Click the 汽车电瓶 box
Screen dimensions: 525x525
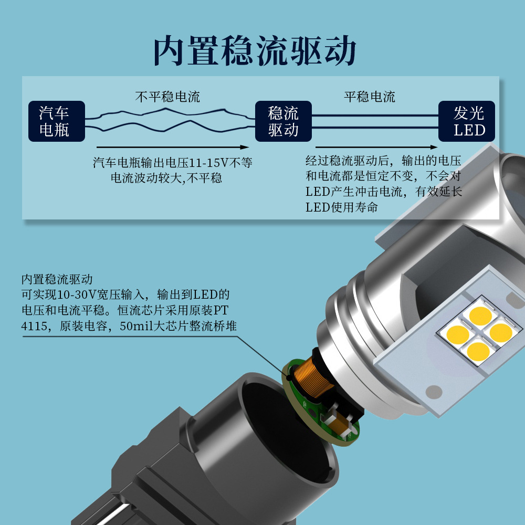click(x=56, y=121)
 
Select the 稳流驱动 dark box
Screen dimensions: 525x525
click(x=283, y=121)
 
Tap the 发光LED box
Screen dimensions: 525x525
click(x=467, y=121)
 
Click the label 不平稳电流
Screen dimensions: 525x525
click(x=167, y=97)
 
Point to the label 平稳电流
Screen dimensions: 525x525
click(x=370, y=97)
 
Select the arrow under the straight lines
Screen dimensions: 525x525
click(x=376, y=148)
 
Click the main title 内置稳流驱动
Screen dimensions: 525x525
click(x=255, y=51)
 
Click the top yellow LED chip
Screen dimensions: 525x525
click(x=480, y=315)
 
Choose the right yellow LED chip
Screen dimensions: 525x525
click(x=500, y=332)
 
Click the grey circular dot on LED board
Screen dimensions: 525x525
click(x=434, y=391)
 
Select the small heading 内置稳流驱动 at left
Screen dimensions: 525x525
click(x=57, y=279)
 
